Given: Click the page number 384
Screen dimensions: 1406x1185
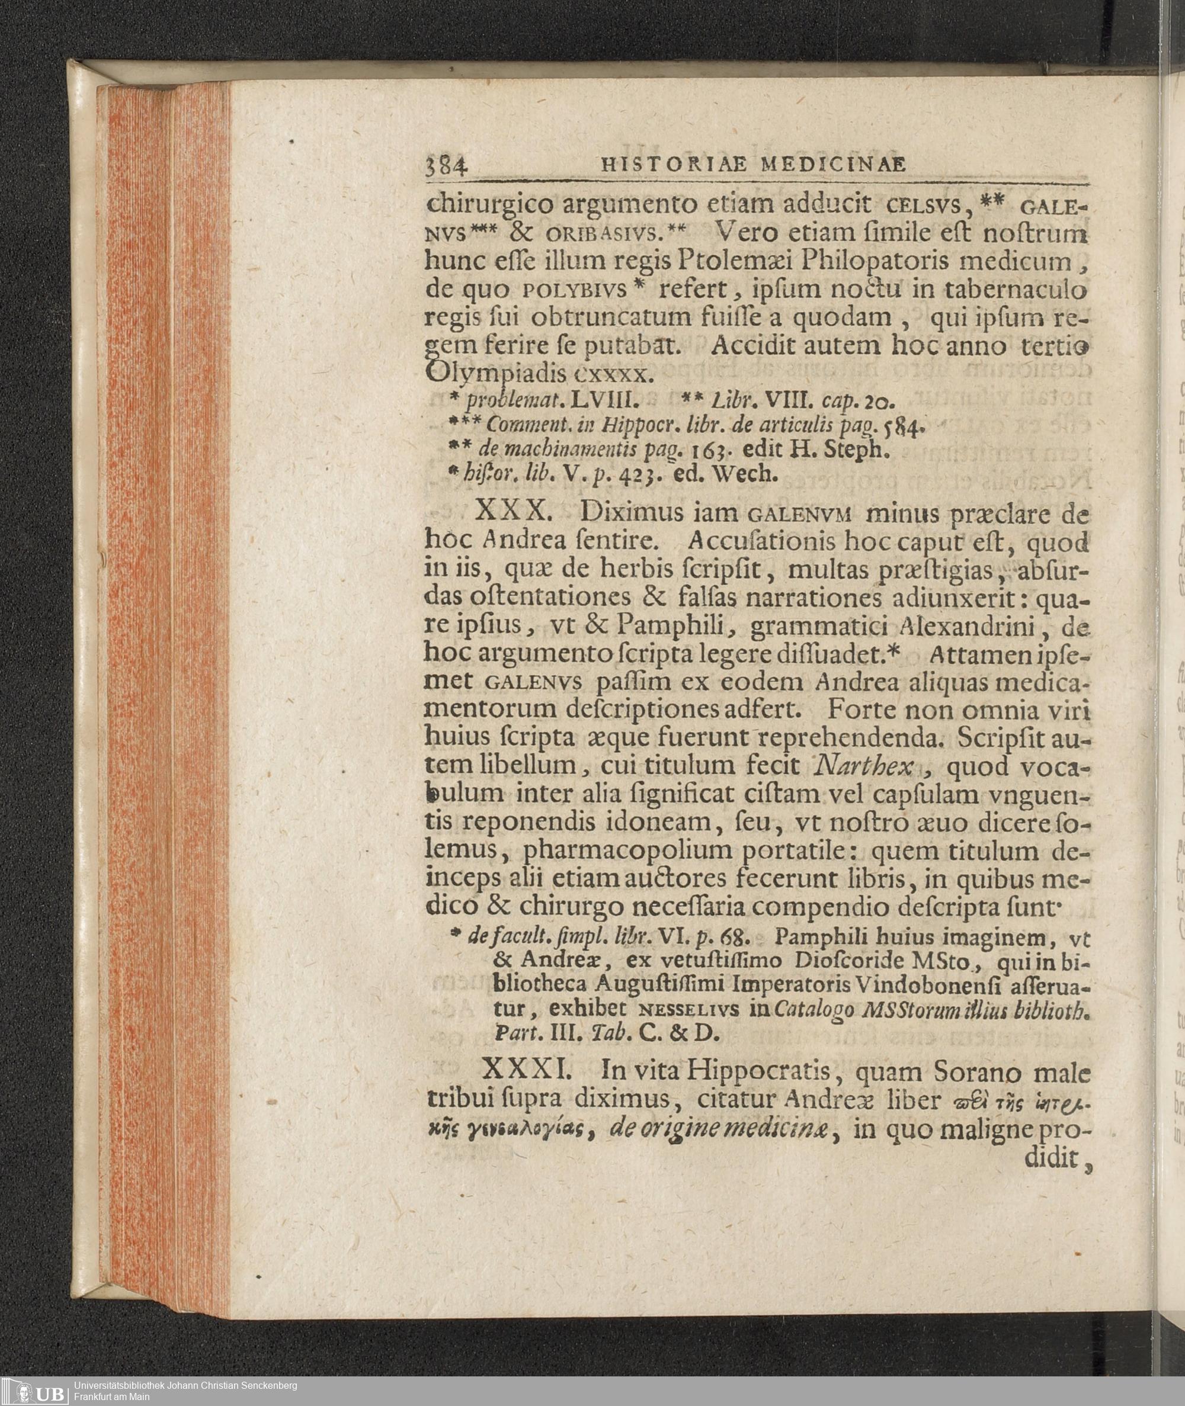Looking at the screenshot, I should (446, 166).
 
